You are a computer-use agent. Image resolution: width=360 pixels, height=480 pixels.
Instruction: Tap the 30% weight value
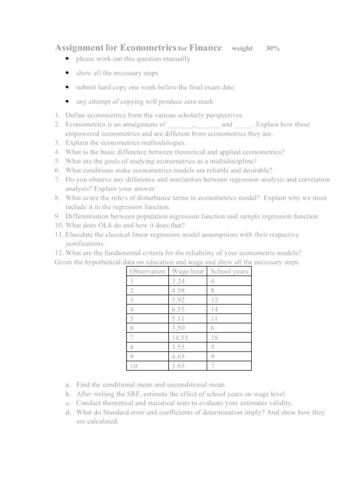[273, 48]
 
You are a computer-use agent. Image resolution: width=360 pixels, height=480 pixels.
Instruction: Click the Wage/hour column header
[187, 271]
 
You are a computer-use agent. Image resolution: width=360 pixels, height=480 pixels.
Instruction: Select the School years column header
[230, 271]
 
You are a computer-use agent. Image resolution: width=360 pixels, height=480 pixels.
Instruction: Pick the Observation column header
[147, 271]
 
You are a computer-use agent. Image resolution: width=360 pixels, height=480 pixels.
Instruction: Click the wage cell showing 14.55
[180, 337]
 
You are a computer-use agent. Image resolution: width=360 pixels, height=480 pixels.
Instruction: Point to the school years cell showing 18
[215, 337]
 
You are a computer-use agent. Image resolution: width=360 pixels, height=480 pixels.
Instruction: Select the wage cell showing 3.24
[179, 281]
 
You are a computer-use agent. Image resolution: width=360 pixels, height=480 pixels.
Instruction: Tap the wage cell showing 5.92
[179, 300]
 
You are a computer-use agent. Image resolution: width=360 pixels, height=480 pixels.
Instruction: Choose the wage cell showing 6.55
[179, 309]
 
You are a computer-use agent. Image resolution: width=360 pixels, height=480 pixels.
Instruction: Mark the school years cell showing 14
[215, 309]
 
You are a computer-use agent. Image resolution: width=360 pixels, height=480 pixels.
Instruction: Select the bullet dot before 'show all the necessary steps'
[67, 74]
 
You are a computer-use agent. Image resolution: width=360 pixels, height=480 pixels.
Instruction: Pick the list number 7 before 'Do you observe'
[57, 180]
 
